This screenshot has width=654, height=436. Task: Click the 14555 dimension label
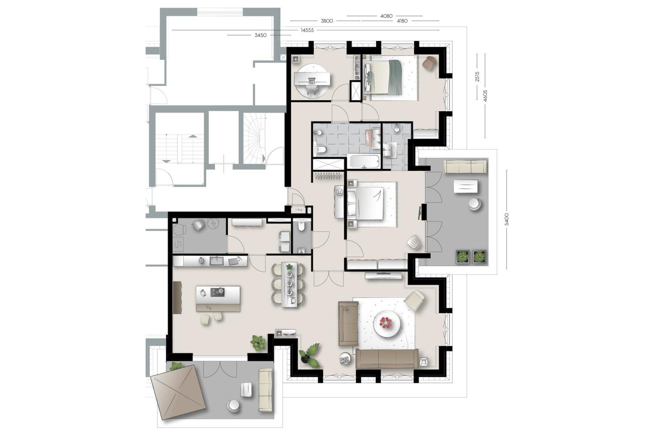pyautogui.click(x=307, y=30)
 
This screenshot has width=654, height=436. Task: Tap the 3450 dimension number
pyautogui.click(x=260, y=35)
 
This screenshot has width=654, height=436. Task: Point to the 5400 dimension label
pyautogui.click(x=507, y=219)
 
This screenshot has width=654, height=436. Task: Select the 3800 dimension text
pyautogui.click(x=327, y=21)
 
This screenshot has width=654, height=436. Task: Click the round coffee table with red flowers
pyautogui.click(x=387, y=323)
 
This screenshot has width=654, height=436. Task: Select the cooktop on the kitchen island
pyautogui.click(x=218, y=292)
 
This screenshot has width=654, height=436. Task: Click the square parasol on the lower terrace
pyautogui.click(x=177, y=392)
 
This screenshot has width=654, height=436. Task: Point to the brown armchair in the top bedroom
pyautogui.click(x=429, y=63)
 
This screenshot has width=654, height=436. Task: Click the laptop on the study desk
pyautogui.click(x=312, y=80)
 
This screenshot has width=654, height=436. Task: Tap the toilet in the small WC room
pyautogui.click(x=301, y=226)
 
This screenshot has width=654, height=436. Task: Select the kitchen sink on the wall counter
pyautogui.click(x=216, y=261)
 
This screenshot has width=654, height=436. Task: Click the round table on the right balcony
pyautogui.click(x=475, y=204)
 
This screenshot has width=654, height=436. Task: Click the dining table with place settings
pyautogui.click(x=289, y=284)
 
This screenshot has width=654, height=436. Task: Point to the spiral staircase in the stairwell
pyautogui.click(x=255, y=138)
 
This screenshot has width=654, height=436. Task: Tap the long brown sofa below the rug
pyautogui.click(x=387, y=359)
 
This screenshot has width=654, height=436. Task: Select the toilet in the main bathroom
pyautogui.click(x=321, y=150)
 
